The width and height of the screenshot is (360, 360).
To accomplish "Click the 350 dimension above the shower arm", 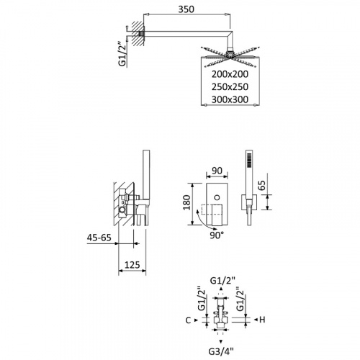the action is click(x=186, y=9).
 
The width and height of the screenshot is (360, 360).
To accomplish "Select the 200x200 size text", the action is click(x=230, y=74).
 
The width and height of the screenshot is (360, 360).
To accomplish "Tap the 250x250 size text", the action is click(x=230, y=87).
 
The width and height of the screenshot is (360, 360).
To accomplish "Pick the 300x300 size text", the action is click(x=230, y=99).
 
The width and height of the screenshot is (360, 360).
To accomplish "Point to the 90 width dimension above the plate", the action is click(x=217, y=171).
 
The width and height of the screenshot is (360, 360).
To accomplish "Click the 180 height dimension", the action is click(x=186, y=202).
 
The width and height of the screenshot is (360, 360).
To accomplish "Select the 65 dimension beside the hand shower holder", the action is click(x=263, y=185).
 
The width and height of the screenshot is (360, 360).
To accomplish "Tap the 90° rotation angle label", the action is click(x=217, y=235).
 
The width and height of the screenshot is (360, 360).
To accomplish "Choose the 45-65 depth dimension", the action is click(x=99, y=238).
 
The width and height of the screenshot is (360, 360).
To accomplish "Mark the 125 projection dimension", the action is click(x=132, y=265).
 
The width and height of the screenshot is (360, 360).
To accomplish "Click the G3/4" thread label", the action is click(x=221, y=352).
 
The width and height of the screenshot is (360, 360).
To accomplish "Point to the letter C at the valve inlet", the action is click(x=188, y=320).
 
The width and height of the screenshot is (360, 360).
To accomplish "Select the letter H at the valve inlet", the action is click(x=262, y=320).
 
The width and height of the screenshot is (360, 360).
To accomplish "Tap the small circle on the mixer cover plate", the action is click(x=217, y=197).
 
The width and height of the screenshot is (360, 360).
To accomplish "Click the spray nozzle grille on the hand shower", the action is click(x=249, y=159).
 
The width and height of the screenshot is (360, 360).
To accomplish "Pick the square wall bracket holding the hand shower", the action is click(x=249, y=202).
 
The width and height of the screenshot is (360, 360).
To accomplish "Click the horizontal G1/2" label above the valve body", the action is click(x=222, y=281).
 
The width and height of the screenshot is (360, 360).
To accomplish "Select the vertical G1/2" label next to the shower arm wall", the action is click(x=122, y=55).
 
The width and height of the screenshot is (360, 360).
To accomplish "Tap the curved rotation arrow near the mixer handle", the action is click(x=199, y=218).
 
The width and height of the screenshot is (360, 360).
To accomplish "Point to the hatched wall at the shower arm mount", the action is click(x=138, y=33).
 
